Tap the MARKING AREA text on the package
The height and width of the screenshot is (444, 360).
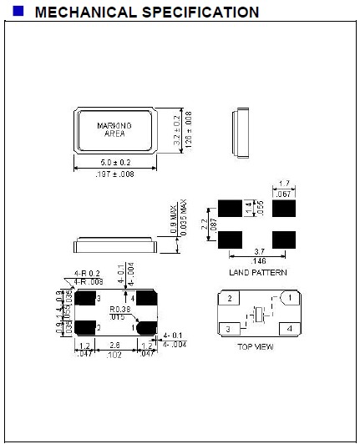click(x=115, y=129)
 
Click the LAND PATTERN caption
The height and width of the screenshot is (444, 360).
click(x=258, y=272)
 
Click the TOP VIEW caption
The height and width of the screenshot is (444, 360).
click(x=256, y=347)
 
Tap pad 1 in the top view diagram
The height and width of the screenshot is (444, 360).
click(x=288, y=297)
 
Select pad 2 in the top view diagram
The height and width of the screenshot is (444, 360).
click(x=228, y=298)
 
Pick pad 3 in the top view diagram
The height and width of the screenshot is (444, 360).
click(x=228, y=329)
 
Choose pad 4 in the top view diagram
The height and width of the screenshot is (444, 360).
click(x=289, y=329)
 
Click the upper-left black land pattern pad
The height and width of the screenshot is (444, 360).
click(x=230, y=207)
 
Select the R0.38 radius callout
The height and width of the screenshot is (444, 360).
click(x=119, y=309)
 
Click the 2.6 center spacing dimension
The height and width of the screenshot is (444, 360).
click(x=115, y=345)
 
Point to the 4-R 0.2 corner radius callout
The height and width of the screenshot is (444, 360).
click(x=88, y=273)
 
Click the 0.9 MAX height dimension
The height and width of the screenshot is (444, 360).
click(x=173, y=224)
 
